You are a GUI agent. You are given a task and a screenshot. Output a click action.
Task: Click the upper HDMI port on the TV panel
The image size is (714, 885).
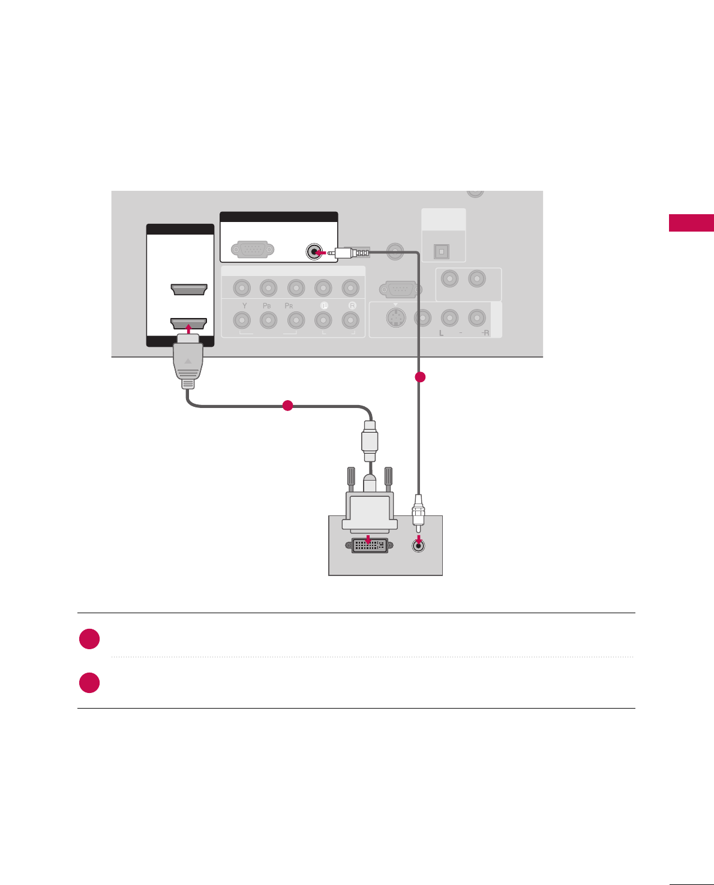pos(189,290)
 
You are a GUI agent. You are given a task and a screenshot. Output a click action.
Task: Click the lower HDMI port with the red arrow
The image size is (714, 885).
pos(189,324)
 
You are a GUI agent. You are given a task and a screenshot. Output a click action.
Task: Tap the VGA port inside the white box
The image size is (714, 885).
pos(253,249)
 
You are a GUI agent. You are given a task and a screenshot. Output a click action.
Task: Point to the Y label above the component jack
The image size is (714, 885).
pos(244,306)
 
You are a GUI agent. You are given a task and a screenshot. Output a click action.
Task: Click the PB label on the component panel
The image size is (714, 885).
pos(267,306)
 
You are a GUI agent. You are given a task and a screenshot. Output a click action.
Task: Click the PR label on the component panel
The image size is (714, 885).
pos(289,306)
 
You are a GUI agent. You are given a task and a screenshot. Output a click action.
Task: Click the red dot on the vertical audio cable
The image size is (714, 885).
pos(420,377)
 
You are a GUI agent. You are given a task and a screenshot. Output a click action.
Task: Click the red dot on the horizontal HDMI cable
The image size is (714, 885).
pos(287,406)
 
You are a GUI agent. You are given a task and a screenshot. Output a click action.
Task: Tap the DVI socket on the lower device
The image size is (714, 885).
pos(369,545)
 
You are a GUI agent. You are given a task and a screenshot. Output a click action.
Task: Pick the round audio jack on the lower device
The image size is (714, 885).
pos(419,545)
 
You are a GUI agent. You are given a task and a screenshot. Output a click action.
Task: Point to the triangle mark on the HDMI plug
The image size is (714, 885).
pos(188,361)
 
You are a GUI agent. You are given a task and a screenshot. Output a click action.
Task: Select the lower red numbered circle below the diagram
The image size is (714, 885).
pos(89,683)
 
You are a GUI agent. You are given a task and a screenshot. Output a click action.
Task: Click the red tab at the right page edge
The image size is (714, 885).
pos(691,223)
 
